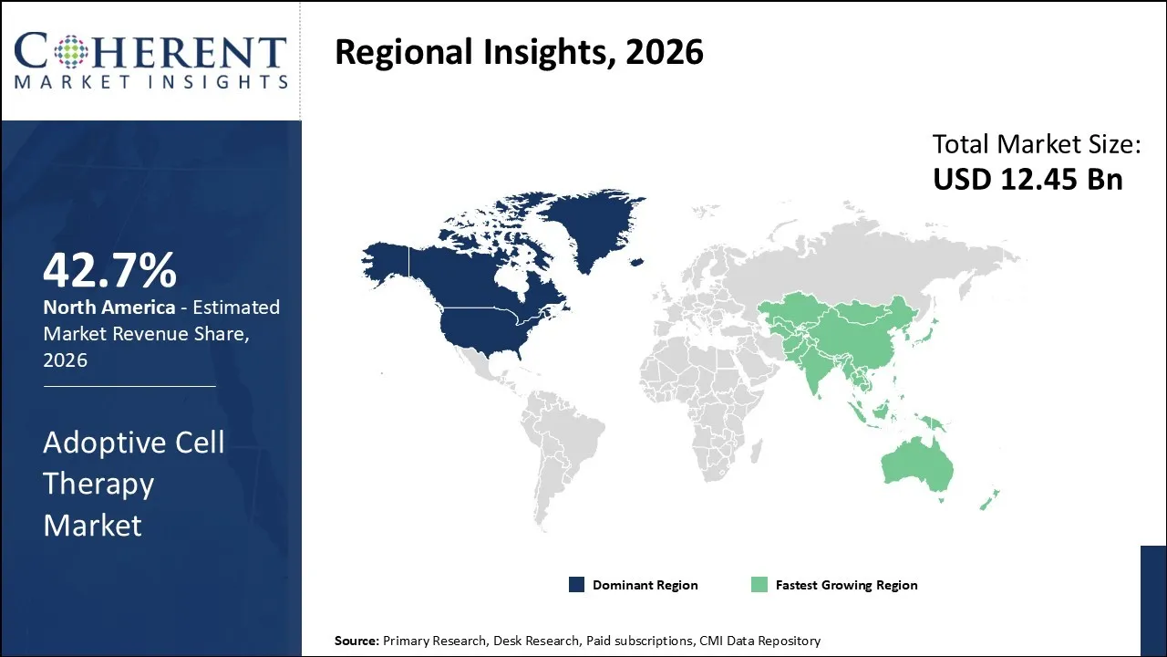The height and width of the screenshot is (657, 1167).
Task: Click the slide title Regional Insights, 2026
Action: point(519,52)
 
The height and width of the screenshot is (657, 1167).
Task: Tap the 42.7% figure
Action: point(109,270)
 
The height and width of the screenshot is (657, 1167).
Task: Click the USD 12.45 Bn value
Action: point(1028,179)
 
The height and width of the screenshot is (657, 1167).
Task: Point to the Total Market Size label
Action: point(1037,144)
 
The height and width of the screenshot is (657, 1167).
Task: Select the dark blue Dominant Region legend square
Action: point(576,585)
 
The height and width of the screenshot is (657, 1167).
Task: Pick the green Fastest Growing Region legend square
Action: point(759,585)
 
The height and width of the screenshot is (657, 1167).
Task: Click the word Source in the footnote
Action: point(356,641)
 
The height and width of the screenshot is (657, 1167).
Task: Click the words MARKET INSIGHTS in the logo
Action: point(151,81)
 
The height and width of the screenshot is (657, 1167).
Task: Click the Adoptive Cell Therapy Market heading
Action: point(133,484)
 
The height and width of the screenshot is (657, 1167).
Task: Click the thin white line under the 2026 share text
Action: point(129,386)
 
